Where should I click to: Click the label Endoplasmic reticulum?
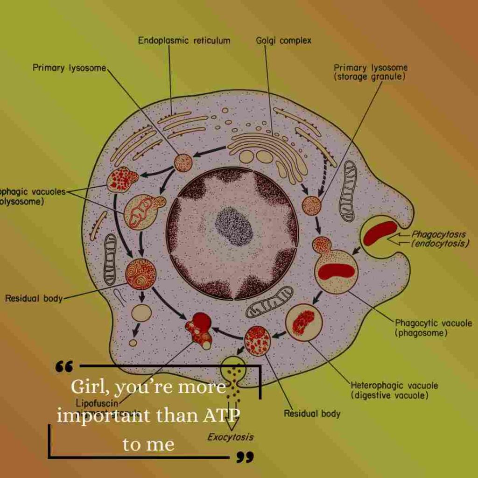pos(184,41)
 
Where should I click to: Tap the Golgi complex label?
pos(283,41)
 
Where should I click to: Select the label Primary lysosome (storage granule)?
pos(370,72)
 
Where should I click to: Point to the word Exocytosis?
pos(231,437)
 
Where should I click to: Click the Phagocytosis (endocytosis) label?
pos(439,239)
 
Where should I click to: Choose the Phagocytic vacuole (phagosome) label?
pos(433,328)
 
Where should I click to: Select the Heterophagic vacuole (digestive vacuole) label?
pos(394,390)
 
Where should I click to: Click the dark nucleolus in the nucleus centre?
pos(233,226)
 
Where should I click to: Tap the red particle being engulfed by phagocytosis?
pos(380,232)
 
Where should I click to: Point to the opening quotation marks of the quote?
pos(64,366)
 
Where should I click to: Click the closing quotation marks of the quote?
pos(245,457)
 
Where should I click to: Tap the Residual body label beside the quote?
pos(312,414)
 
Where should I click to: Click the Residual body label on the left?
pos(34,298)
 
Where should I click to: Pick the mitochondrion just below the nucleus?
pos(269,302)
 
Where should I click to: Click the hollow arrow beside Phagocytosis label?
pos(398,239)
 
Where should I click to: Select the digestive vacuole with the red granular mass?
pos(304,322)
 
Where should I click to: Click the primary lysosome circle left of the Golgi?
pos(183,162)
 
